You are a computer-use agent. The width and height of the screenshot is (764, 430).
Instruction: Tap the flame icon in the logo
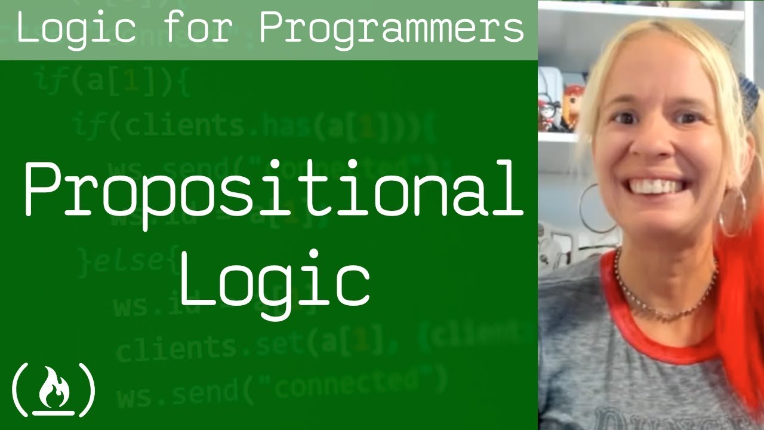(x=54, y=389)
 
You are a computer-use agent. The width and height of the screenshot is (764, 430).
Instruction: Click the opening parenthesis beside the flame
(x=20, y=389)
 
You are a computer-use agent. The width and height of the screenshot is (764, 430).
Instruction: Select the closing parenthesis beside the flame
(x=87, y=389)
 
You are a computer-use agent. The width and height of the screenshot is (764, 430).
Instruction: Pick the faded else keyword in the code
(x=122, y=261)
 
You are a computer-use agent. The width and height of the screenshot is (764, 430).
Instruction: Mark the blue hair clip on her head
(x=749, y=90)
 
